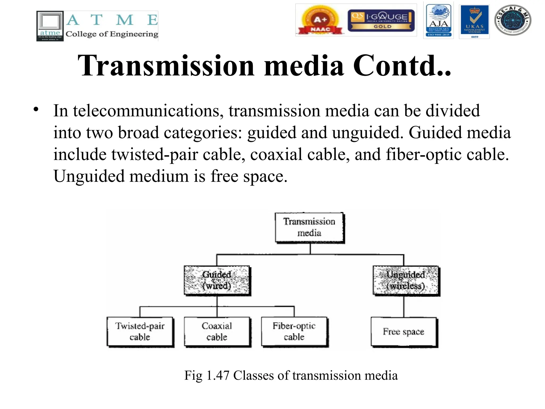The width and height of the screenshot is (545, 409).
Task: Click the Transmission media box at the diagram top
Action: click(x=309, y=227)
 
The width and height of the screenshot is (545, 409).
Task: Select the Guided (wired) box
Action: click(x=217, y=280)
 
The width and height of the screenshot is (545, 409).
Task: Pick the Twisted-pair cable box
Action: click(x=140, y=332)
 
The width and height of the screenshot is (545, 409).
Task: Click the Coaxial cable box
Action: click(x=217, y=332)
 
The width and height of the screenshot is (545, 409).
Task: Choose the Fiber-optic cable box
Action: click(x=294, y=332)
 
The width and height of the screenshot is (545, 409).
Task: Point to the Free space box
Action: click(x=404, y=332)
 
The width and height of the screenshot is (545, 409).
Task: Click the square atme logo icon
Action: click(x=50, y=26)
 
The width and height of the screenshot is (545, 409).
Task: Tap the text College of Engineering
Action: click(x=112, y=34)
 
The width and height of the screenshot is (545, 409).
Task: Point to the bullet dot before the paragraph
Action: click(x=36, y=109)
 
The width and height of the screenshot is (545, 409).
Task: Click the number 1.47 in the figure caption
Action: click(x=218, y=375)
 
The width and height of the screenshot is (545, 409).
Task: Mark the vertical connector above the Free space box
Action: click(x=404, y=306)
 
